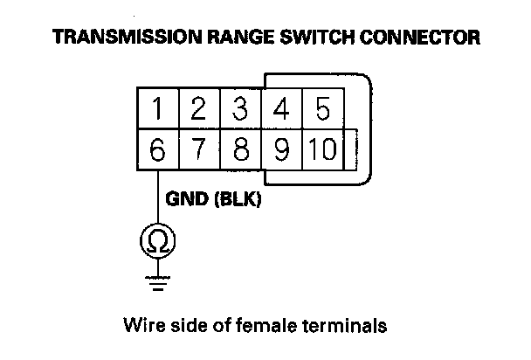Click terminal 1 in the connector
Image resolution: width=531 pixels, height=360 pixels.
pos(158,111)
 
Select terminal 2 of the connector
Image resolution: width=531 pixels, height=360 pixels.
pos(199,111)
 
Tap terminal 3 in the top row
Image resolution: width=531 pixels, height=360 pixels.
pos(241,111)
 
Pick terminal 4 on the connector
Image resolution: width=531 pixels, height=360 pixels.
pos(282,111)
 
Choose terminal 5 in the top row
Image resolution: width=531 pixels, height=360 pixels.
pos(322,111)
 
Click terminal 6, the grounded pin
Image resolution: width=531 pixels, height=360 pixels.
pos(158,149)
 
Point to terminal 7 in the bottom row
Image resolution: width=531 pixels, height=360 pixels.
pos(199,149)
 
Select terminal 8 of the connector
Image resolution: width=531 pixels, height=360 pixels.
pos(241,149)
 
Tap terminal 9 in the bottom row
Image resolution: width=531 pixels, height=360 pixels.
pos(282,149)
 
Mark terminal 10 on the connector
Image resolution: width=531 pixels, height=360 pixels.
pos(321,149)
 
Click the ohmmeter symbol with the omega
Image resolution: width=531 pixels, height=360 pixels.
pos(158,240)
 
